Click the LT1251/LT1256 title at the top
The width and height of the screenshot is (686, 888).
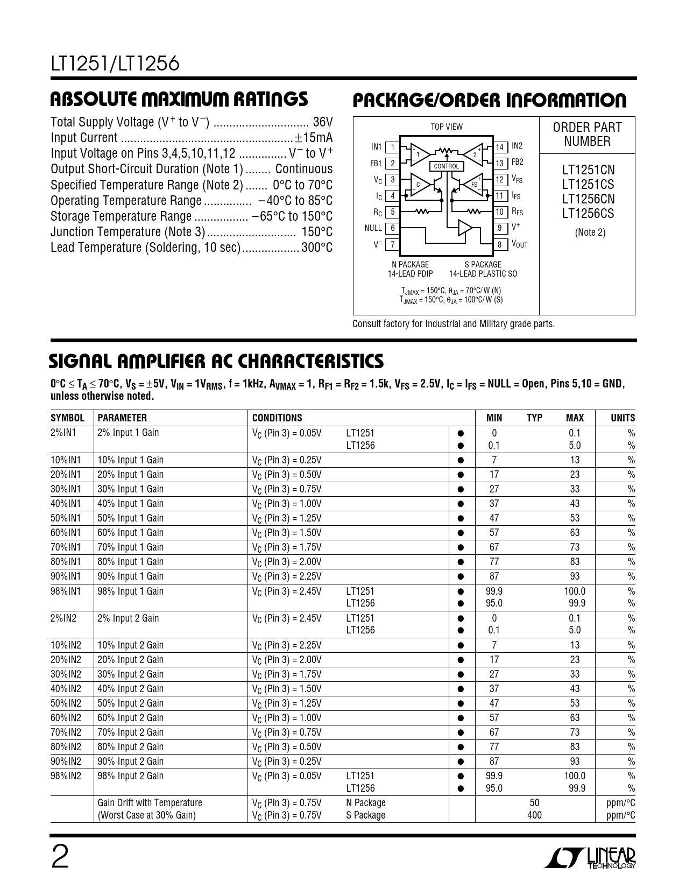115,65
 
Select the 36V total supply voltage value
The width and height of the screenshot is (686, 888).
323,122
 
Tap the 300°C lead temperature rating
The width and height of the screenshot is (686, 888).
316,248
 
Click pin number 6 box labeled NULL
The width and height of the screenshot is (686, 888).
393,228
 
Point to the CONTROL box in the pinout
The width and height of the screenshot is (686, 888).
446,166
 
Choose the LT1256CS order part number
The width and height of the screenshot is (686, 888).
588,214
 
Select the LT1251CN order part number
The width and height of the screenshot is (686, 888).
588,171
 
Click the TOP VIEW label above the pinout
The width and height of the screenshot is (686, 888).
446,127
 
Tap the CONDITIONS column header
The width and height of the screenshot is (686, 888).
277,418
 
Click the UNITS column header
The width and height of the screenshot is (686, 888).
623,418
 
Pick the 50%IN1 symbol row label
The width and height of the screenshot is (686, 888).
65,518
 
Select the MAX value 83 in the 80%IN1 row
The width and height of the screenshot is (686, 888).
575,562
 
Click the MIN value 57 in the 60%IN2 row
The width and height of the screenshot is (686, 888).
494,718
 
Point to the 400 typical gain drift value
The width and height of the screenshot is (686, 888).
534,815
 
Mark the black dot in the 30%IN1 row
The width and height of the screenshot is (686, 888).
461,489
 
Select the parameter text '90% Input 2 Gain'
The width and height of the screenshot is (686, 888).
131,762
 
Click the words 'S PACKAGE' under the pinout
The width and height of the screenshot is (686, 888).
483,264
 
